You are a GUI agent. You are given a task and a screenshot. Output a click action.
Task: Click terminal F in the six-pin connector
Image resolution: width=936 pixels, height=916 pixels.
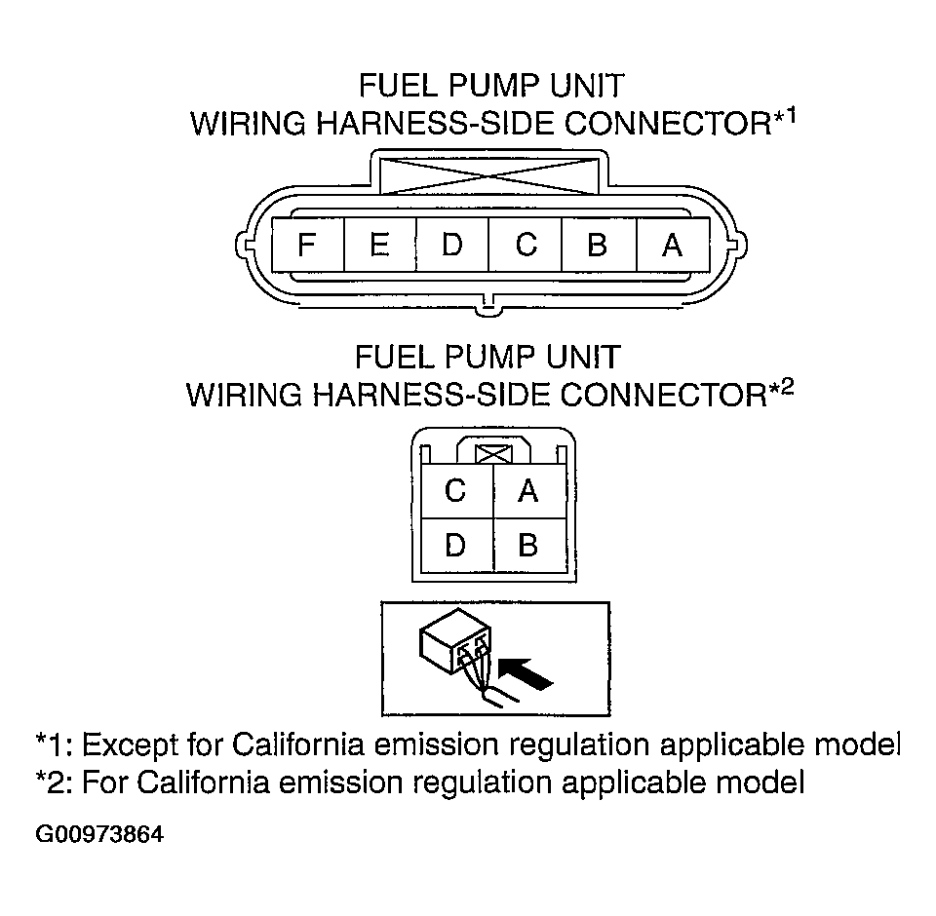click(x=308, y=245)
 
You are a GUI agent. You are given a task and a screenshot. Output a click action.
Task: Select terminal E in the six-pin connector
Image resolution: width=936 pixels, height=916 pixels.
click(x=380, y=245)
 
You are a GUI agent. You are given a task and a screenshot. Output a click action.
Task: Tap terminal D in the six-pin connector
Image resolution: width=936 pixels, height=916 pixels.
click(x=452, y=245)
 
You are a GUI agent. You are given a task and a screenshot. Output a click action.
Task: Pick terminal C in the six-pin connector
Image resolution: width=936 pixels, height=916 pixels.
click(x=526, y=245)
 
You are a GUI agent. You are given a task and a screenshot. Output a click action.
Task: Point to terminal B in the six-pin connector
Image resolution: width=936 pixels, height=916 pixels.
click(x=600, y=245)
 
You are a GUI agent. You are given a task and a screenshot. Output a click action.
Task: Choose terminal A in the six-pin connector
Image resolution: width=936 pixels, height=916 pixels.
click(x=674, y=245)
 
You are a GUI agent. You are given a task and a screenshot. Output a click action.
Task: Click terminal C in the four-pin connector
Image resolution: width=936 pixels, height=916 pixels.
click(x=456, y=491)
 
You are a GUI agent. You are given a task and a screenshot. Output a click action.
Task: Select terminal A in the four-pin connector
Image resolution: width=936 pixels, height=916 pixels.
click(x=529, y=491)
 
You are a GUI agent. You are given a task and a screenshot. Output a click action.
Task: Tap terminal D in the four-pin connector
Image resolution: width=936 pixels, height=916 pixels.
click(x=456, y=546)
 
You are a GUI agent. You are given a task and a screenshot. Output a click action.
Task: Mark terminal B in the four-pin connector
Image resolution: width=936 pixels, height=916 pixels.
click(x=529, y=546)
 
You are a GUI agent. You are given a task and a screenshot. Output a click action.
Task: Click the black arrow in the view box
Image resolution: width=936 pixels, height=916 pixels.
click(x=526, y=673)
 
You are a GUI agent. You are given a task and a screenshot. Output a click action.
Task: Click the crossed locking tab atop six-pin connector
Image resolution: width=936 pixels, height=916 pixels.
click(x=489, y=176)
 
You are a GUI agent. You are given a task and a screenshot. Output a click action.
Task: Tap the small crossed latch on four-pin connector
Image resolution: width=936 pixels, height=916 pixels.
click(x=493, y=455)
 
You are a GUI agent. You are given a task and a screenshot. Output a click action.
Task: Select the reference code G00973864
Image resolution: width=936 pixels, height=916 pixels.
click(x=99, y=834)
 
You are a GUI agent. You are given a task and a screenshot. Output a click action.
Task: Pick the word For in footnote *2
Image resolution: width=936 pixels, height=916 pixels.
click(x=105, y=782)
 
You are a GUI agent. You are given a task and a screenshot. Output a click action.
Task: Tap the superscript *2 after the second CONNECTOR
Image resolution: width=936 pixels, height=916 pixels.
click(x=781, y=389)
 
